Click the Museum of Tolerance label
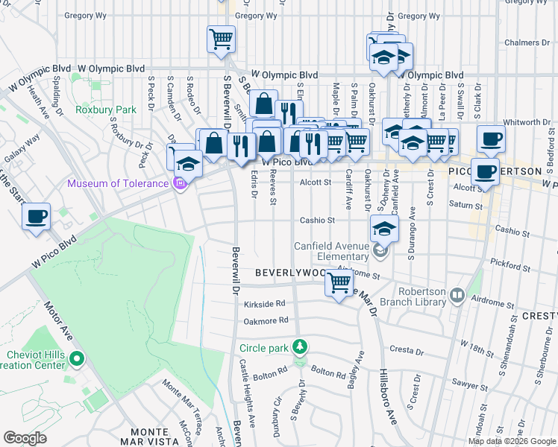pyautogui.click(x=118, y=184)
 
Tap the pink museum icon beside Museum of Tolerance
pyautogui.click(x=179, y=183)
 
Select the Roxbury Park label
pyautogui.click(x=105, y=110)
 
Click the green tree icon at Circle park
pyautogui.click(x=300, y=347)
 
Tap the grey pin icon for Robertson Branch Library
pyautogui.click(x=456, y=297)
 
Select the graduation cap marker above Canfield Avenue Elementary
pyautogui.click(x=383, y=229)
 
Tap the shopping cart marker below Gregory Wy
pyautogui.click(x=221, y=38)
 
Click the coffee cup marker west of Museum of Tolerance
pyautogui.click(x=36, y=217)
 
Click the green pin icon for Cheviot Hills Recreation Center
pyautogui.click(x=75, y=360)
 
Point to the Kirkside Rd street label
pyautogui.click(x=265, y=304)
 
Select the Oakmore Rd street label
pyautogui.click(x=266, y=321)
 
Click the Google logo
pyautogui.click(x=25, y=438)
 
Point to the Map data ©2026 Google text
pyautogui.click(x=512, y=441)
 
